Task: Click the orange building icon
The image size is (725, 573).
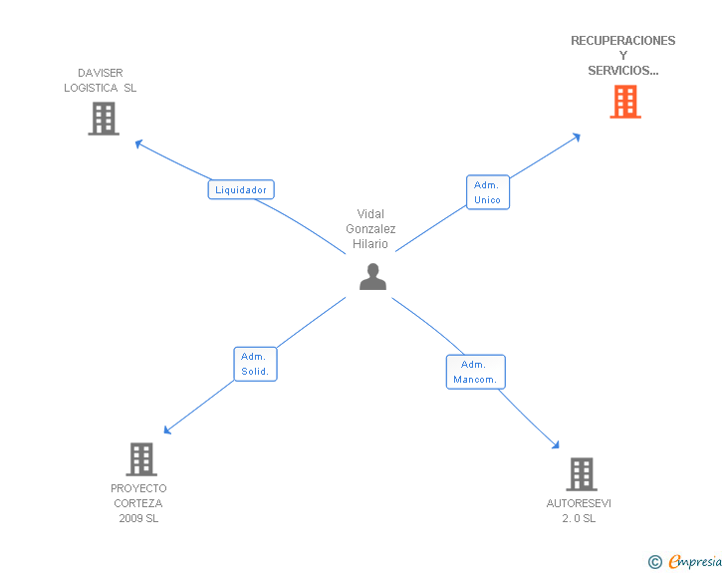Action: (625, 102)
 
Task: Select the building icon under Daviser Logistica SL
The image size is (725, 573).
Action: (104, 119)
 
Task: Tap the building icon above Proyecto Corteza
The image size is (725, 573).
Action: (141, 459)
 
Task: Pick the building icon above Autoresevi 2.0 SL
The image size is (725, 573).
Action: (582, 474)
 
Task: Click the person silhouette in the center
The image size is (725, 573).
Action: (372, 277)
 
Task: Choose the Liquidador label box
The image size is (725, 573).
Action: (241, 189)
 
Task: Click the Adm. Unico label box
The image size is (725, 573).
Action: (488, 192)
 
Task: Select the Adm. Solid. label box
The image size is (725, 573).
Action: (255, 364)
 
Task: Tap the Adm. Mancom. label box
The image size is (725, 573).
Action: (476, 372)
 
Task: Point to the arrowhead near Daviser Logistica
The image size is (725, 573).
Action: (138, 143)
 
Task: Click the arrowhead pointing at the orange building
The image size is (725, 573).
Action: (577, 137)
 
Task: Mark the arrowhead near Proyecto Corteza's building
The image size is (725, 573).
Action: (167, 430)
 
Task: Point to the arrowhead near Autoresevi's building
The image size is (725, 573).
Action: (556, 444)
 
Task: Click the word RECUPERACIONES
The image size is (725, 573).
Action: (622, 41)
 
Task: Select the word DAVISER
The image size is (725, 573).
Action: (101, 73)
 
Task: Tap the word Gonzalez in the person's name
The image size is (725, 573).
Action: (370, 228)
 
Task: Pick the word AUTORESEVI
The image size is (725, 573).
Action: (579, 503)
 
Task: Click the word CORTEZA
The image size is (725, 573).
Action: (138, 503)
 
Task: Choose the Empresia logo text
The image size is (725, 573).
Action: (695, 561)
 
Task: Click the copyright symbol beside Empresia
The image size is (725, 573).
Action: (654, 562)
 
